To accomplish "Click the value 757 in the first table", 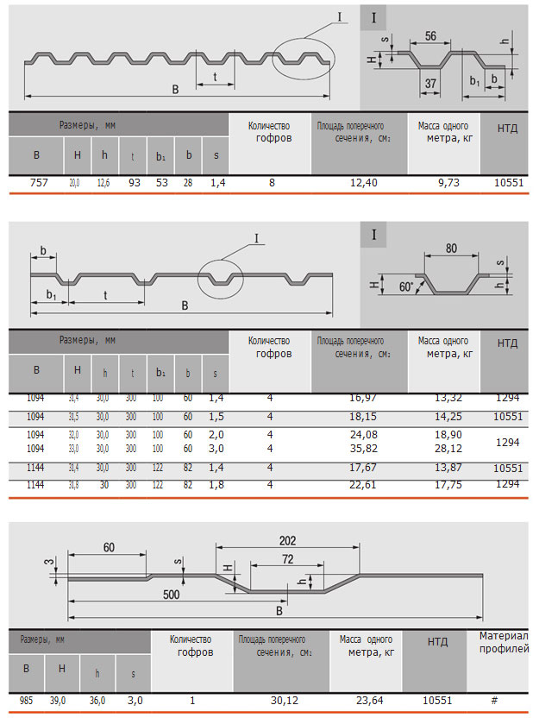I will pyautogui.click(x=36, y=182).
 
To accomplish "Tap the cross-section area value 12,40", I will pyautogui.click(x=364, y=182).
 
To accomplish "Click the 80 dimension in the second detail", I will pyautogui.click(x=451, y=248).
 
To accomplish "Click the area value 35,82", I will pyautogui.click(x=364, y=449).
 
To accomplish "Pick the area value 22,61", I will pyautogui.click(x=364, y=485).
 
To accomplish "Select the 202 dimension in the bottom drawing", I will pyautogui.click(x=287, y=540).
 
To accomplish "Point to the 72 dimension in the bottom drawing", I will pyautogui.click(x=287, y=559).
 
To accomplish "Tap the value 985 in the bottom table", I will pyautogui.click(x=27, y=701).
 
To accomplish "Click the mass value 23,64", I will pyautogui.click(x=366, y=701).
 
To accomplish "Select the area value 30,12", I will pyautogui.click(x=280, y=701).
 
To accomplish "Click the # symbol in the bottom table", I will pyautogui.click(x=494, y=701).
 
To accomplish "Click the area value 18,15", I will pyautogui.click(x=364, y=416).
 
